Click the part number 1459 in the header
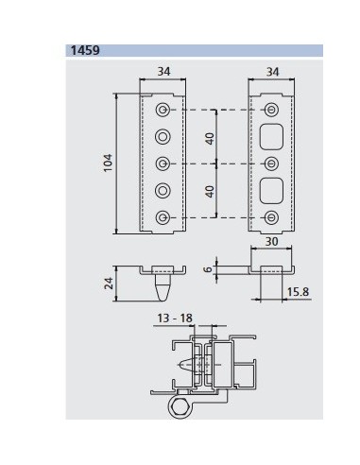[x=85, y=50]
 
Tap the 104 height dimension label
[x=108, y=163]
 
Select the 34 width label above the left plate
[x=163, y=72]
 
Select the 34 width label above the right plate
[x=272, y=72]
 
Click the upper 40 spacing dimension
[x=210, y=139]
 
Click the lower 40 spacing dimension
[x=210, y=192]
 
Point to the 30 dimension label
[x=271, y=242]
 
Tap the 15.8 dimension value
[x=298, y=292]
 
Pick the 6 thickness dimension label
[x=208, y=269]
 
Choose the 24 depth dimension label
[x=109, y=284]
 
